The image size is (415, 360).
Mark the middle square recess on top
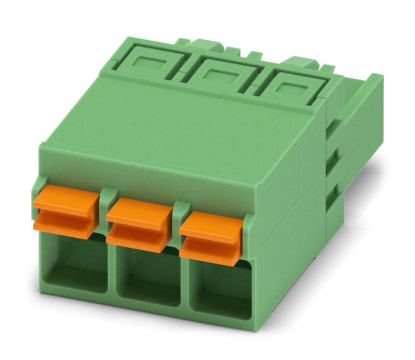(x=221, y=76)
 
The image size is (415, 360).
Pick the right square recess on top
(x=291, y=89)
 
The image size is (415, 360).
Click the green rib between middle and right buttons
(x=180, y=215)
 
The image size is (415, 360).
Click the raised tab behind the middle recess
(x=207, y=44)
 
